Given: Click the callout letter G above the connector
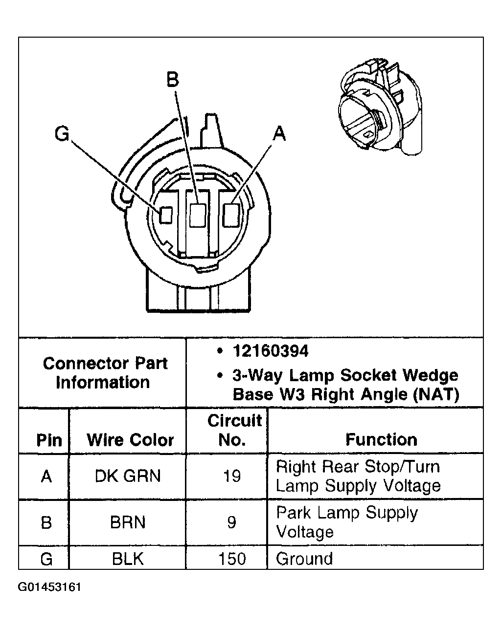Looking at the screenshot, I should click(62, 133).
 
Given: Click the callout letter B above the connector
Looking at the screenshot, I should click(173, 79).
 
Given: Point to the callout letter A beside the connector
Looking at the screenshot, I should click(279, 132).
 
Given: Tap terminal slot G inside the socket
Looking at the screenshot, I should click(166, 215).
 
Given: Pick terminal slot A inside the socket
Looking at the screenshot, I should click(230, 215).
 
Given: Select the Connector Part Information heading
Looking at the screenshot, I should click(104, 372).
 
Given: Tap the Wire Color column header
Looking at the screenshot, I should click(130, 440).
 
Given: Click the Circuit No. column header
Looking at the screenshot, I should click(234, 430).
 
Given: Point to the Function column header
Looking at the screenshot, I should click(381, 439).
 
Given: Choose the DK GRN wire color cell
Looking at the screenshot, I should click(128, 476).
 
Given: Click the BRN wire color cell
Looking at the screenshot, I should click(128, 522).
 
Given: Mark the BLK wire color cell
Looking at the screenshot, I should click(128, 558).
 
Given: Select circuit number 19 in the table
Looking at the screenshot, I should click(231, 476).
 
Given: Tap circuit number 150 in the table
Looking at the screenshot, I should click(231, 558).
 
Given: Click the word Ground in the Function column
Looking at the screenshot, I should click(304, 558).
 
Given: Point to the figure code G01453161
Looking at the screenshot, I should click(50, 586).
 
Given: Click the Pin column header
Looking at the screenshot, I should click(49, 440).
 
